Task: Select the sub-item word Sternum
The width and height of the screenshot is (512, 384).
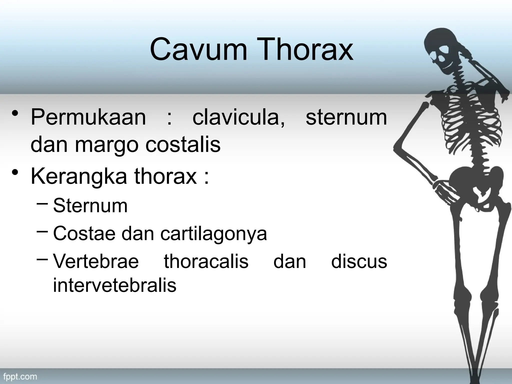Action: (x=90, y=206)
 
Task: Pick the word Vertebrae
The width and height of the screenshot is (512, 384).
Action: (x=96, y=261)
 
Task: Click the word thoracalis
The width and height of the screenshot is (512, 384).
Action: (x=206, y=261)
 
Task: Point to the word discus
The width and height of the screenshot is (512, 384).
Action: (x=359, y=261)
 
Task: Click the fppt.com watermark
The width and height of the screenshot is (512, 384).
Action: (x=20, y=376)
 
